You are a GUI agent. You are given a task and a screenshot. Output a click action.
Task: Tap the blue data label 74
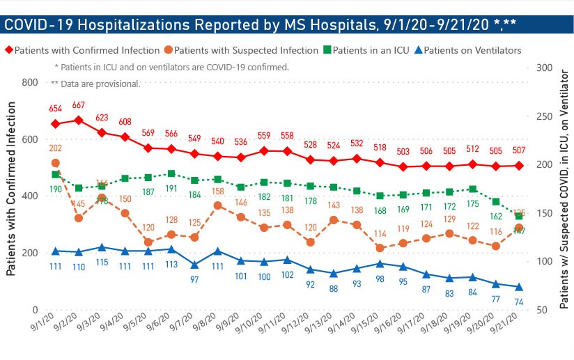coord(519,302)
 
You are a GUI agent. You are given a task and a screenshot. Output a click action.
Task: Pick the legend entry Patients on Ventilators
coord(472,50)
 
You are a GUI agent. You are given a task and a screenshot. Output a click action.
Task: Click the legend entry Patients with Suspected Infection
coord(249,50)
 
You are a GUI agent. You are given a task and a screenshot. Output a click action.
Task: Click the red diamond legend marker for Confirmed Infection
coord(9,50)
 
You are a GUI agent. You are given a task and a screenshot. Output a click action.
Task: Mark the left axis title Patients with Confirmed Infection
coord(11,196)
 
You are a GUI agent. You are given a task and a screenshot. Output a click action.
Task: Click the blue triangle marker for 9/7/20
coord(195,265)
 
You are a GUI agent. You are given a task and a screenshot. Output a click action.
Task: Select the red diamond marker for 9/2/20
coord(79,120)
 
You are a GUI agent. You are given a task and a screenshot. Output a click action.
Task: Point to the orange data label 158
coord(218,191)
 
